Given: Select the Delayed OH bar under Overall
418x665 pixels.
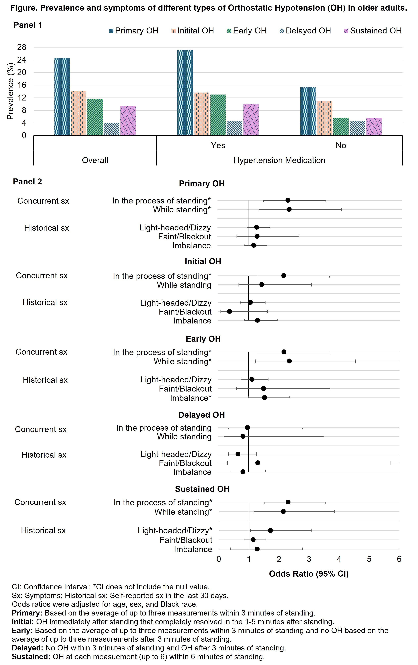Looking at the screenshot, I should click(111, 129).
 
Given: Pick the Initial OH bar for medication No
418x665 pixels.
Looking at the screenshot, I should click(325, 118).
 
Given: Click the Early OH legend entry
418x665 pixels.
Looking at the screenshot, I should click(247, 31).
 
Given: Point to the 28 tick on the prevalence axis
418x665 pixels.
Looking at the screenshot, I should click(22, 47).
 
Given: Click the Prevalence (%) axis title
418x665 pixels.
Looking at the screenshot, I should click(10, 91).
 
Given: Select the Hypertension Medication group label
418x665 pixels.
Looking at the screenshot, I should click(279, 160).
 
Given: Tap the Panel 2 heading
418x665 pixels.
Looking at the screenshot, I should click(27, 182).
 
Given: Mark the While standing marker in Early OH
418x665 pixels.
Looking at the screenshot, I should click(289, 361).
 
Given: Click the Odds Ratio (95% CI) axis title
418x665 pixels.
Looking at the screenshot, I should click(309, 574).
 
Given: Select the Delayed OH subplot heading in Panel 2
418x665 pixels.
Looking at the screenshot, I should click(201, 415).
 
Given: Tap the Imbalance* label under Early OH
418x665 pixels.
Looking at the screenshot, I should click(191, 398).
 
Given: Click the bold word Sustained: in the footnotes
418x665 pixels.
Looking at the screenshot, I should click(31, 656).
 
